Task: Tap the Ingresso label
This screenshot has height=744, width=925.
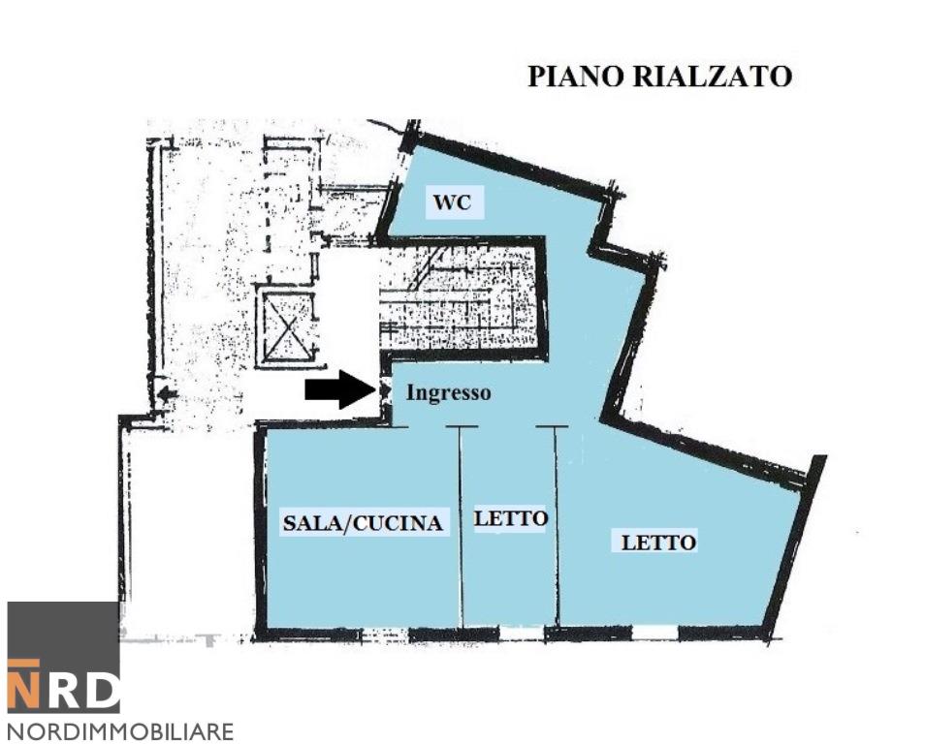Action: pos(448,393)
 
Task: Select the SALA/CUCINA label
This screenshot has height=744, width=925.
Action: pos(363,523)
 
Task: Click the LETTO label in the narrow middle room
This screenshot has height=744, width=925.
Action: pos(510,518)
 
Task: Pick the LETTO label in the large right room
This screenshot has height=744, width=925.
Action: pos(658,542)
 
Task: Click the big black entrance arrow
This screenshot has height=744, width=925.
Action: pos(340,389)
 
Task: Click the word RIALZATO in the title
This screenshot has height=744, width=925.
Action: pos(712,77)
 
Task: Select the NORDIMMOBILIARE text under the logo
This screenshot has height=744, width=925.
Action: pos(120,730)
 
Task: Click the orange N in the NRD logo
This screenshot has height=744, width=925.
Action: pos(25,686)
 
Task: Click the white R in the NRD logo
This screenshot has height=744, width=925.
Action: pos(63,690)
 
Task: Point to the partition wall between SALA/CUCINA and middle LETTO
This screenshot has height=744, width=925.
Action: pos(462,528)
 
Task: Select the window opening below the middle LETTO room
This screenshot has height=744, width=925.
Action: pos(521,635)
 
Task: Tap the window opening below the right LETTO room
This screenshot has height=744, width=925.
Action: pos(655,634)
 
